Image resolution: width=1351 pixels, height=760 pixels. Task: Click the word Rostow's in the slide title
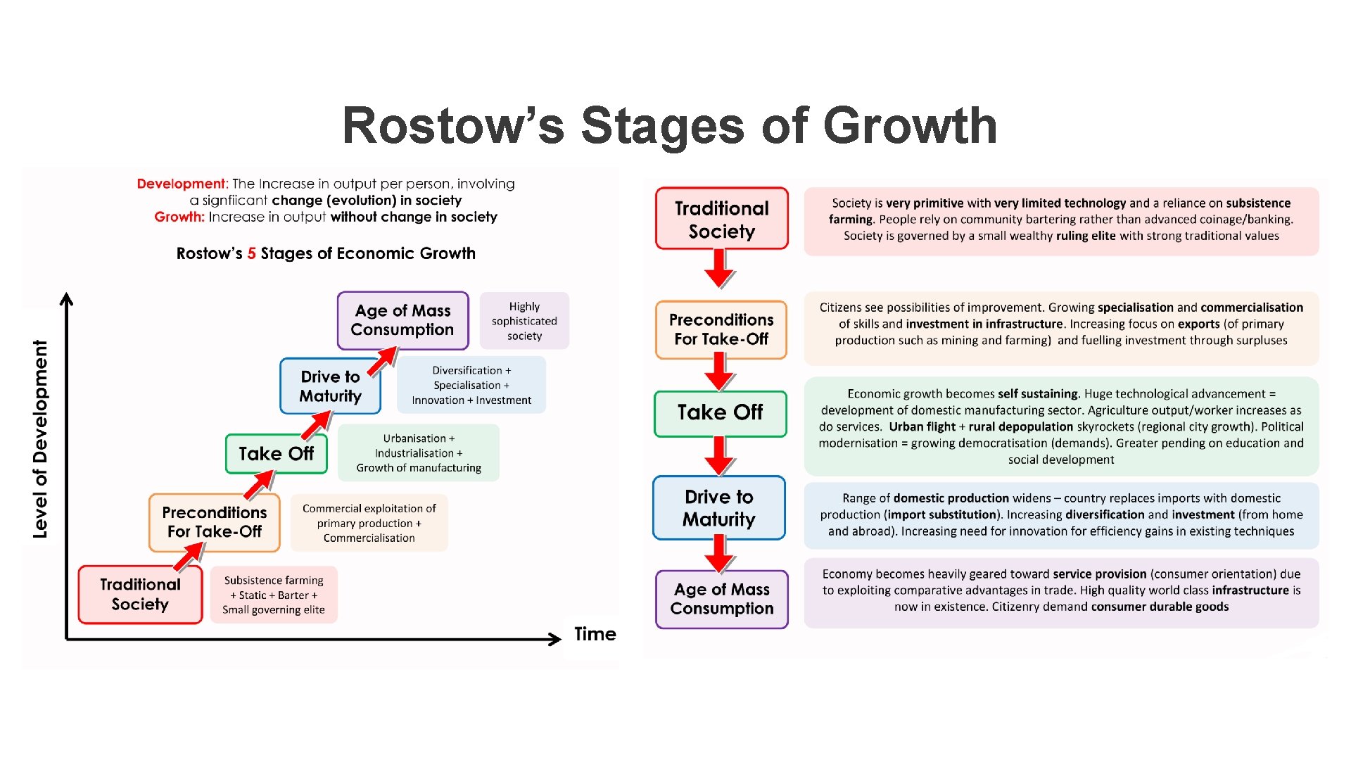click(452, 126)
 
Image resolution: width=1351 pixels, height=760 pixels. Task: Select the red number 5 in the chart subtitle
click(251, 253)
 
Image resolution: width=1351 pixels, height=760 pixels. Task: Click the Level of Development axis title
click(41, 439)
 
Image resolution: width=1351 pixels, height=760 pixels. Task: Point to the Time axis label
click(595, 634)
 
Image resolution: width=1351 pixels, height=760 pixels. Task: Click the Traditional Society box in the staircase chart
click(140, 595)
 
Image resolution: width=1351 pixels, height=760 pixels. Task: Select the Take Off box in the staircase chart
click(276, 454)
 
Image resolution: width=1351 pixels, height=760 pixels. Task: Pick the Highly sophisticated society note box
click(524, 321)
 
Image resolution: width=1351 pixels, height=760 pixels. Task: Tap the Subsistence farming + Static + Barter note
click(274, 595)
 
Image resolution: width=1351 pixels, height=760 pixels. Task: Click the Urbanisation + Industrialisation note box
click(419, 452)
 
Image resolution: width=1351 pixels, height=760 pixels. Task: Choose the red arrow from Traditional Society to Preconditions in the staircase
click(189, 557)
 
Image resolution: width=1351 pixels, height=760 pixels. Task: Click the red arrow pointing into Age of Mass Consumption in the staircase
click(383, 362)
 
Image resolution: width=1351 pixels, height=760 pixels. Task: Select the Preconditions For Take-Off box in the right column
click(721, 330)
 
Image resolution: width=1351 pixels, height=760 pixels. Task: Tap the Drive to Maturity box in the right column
click(719, 508)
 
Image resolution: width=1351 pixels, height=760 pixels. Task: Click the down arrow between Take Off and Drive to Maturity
click(720, 456)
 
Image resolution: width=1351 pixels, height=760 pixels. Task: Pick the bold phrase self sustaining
click(1038, 394)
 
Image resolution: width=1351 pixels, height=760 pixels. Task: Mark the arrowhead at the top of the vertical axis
click(67, 298)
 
